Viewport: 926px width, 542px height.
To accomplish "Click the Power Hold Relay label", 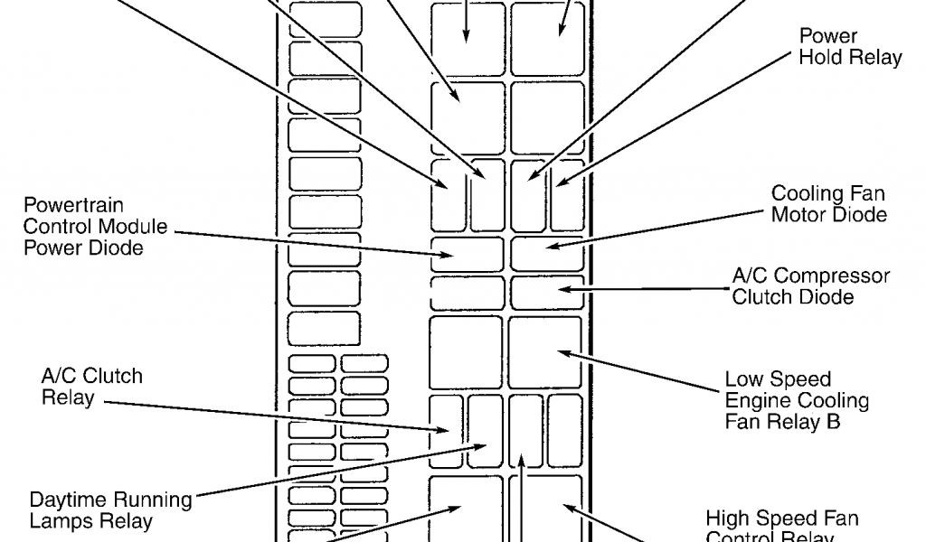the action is [x=850, y=47].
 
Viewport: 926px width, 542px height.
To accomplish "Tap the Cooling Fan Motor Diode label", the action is [x=828, y=204].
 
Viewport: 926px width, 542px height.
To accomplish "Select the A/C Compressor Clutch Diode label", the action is [x=810, y=285].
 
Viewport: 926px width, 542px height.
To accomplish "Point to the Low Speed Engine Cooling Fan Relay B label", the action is [x=797, y=400].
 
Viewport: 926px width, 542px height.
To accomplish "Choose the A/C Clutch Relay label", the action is [x=91, y=386].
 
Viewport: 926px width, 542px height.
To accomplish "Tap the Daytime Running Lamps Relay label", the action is [x=110, y=510].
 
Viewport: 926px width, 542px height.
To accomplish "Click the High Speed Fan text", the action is [x=782, y=519].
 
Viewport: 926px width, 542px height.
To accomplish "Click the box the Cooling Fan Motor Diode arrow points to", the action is [x=547, y=253].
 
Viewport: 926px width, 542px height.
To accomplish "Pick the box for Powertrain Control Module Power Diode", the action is [x=467, y=254].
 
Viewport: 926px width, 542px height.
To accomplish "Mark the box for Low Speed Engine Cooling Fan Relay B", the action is [x=545, y=351].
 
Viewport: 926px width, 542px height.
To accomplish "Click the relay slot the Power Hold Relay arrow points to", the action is [x=567, y=193].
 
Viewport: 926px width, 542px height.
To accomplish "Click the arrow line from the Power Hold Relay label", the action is [x=669, y=118].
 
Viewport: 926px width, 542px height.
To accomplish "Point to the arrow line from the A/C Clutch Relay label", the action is [x=271, y=411].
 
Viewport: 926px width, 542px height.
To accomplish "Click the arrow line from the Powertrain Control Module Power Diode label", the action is [x=307, y=239].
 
